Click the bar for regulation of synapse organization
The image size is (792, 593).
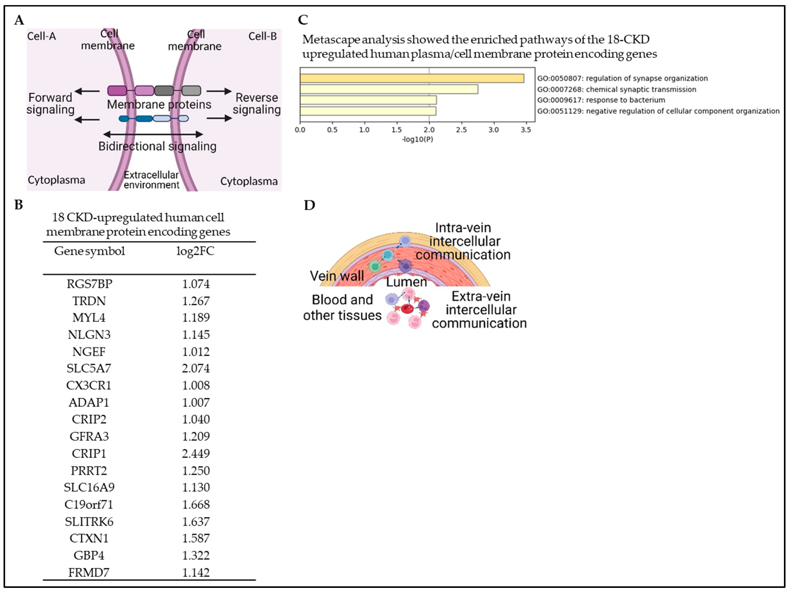412,78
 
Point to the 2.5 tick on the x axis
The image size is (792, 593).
461,130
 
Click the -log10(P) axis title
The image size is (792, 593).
418,139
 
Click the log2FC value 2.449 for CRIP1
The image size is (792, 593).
195,453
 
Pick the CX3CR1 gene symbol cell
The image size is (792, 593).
89,385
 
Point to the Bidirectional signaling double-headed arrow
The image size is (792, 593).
153,134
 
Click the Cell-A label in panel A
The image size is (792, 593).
41,36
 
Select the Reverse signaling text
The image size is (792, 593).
256,104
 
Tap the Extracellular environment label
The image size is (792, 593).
151,180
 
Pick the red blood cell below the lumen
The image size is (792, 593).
407,308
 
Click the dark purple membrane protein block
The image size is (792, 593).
117,91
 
